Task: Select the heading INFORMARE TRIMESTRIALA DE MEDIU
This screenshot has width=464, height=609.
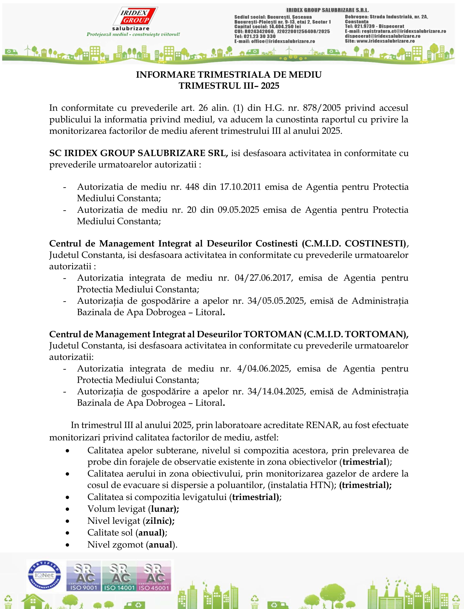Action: click(x=229, y=75)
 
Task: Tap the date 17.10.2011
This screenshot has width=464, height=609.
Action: click(x=240, y=187)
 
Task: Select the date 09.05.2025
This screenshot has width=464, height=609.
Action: click(x=238, y=210)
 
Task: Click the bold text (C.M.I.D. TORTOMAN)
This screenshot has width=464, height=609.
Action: click(x=356, y=334)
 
